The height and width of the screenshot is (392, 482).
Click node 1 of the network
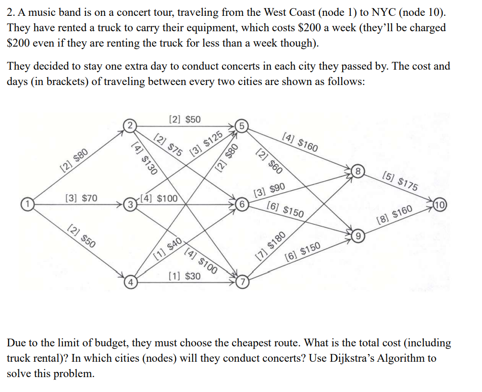click(x=27, y=204)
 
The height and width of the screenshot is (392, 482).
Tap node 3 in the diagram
click(x=130, y=204)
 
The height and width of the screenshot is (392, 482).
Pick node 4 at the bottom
click(x=131, y=282)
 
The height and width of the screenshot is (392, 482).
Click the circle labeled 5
click(x=242, y=126)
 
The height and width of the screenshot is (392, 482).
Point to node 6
click(x=242, y=205)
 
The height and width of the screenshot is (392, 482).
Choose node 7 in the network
click(x=243, y=282)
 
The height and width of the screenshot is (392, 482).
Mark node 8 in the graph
click(x=358, y=171)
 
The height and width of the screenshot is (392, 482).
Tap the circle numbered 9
click(x=358, y=236)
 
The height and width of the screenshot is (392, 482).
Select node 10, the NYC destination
click(x=440, y=205)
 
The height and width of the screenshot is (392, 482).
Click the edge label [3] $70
click(x=81, y=198)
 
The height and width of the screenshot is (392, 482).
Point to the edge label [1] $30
click(x=185, y=276)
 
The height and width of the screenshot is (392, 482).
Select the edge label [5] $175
click(x=400, y=182)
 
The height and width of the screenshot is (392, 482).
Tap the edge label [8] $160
click(x=395, y=215)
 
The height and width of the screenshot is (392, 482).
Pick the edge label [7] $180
click(x=271, y=246)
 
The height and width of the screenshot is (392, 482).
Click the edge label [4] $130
click(x=144, y=158)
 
